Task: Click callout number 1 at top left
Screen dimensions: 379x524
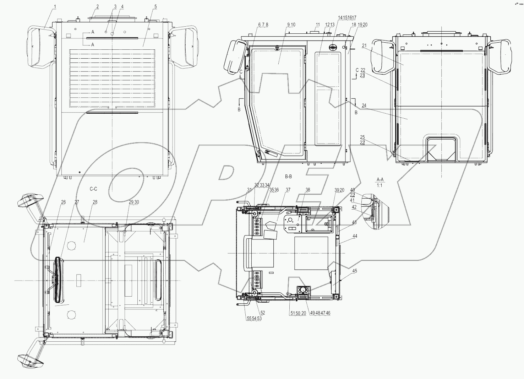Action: [55, 7]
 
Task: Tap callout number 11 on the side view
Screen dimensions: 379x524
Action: [318, 25]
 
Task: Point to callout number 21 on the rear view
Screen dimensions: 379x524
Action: [364, 46]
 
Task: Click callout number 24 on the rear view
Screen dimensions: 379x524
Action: [364, 105]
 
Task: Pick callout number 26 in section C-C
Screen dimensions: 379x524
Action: [63, 202]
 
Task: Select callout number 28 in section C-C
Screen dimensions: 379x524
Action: [94, 202]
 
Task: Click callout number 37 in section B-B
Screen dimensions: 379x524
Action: [288, 190]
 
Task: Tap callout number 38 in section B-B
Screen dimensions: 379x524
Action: [308, 190]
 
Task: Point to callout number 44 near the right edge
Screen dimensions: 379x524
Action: [355, 236]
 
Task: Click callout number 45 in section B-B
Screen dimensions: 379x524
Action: [355, 271]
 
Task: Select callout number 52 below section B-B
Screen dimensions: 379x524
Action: [263, 313]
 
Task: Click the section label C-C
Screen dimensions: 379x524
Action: [93, 189]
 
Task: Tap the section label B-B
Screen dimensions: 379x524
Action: [288, 176]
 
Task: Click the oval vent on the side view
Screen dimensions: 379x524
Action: [333, 48]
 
